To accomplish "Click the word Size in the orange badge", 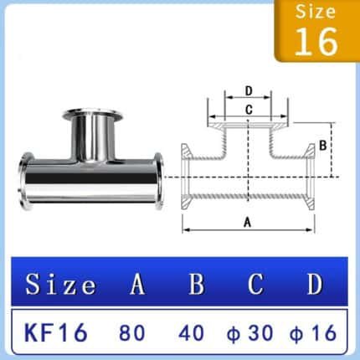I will point(316,13).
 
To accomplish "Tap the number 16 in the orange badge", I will point(316,40).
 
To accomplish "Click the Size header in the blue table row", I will point(60,285).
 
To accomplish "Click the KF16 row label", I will point(56,332).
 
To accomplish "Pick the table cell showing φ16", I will point(311,332).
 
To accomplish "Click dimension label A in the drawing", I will point(247,221).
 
